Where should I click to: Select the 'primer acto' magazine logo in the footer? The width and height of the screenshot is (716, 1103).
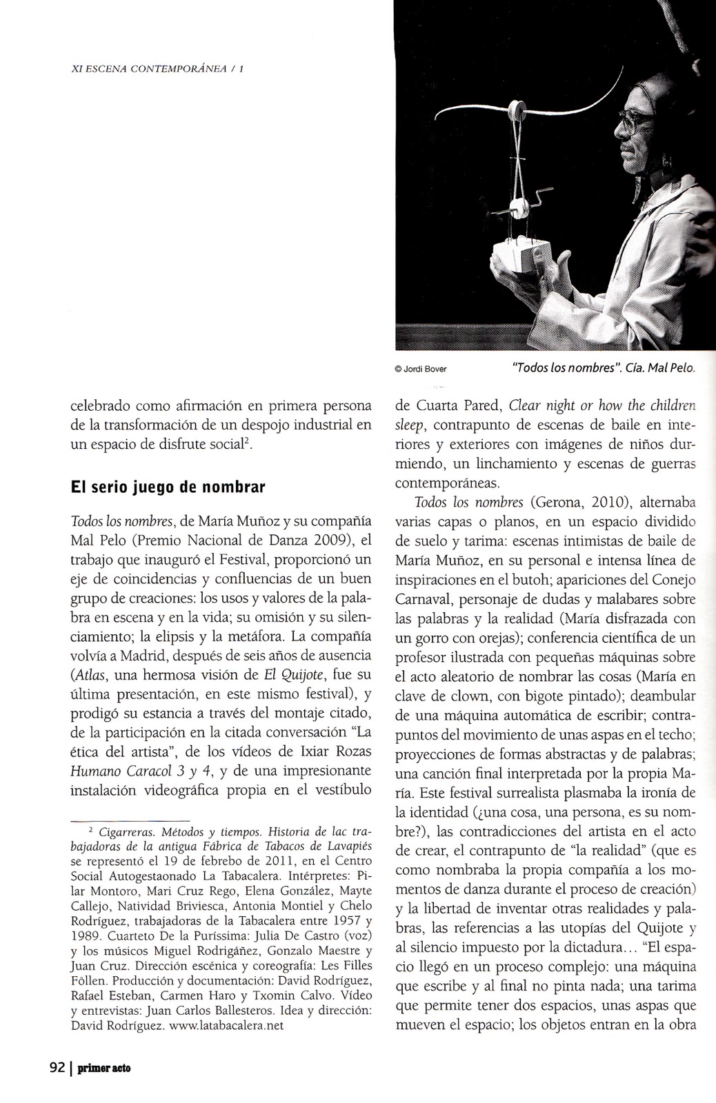pos(103,1069)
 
